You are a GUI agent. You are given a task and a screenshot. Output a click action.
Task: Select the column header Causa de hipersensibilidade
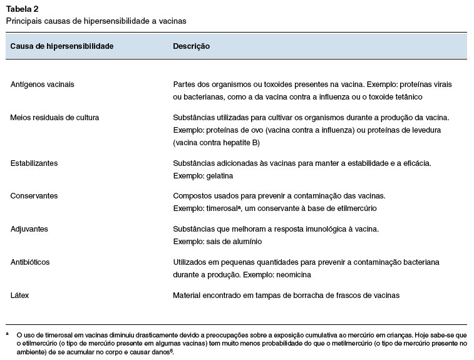coord(62,46)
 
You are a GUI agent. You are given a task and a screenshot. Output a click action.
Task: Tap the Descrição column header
coord(191,46)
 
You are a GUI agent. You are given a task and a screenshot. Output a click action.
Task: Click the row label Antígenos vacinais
coord(43,84)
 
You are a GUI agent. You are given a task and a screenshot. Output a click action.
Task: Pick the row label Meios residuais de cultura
coord(54,117)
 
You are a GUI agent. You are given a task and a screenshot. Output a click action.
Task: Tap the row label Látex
coord(20,294)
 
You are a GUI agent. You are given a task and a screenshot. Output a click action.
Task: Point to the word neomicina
coord(294,274)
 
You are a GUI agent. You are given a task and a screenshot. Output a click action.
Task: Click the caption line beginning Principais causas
coord(96,21)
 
